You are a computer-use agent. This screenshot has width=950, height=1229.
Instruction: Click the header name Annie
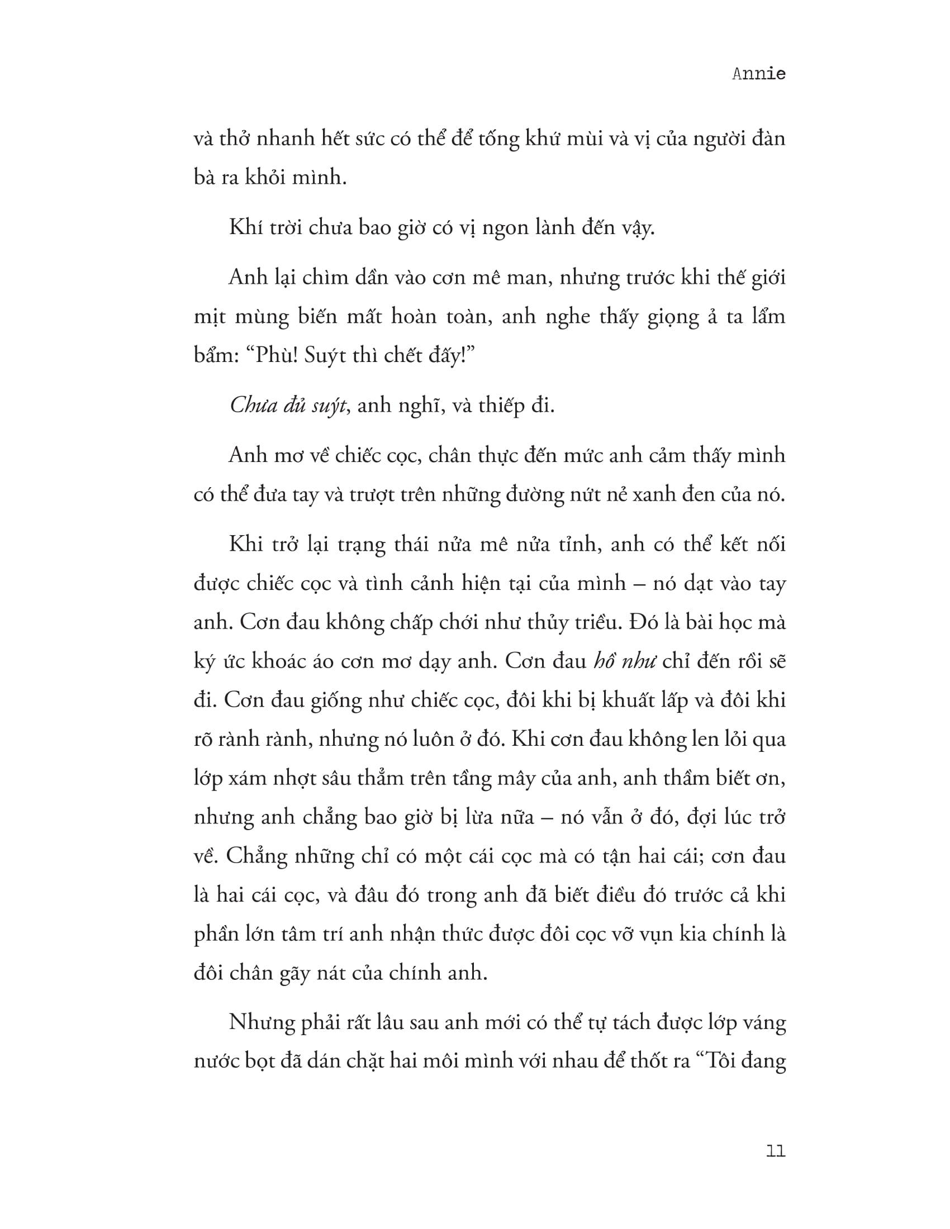(x=758, y=74)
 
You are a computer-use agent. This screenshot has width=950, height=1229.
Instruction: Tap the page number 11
(x=776, y=1151)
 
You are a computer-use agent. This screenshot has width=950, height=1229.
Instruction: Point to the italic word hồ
(x=607, y=661)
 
